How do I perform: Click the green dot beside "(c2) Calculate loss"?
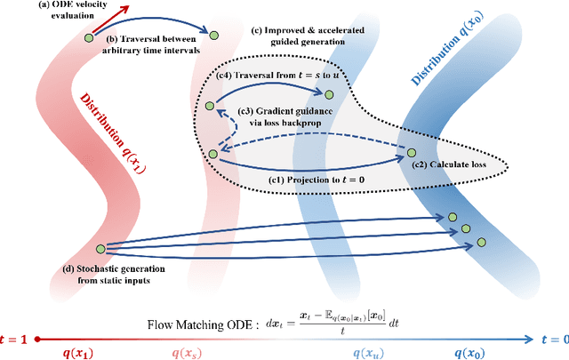pyautogui.click(x=412, y=153)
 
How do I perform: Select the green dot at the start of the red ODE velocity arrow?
pyautogui.click(x=89, y=36)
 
